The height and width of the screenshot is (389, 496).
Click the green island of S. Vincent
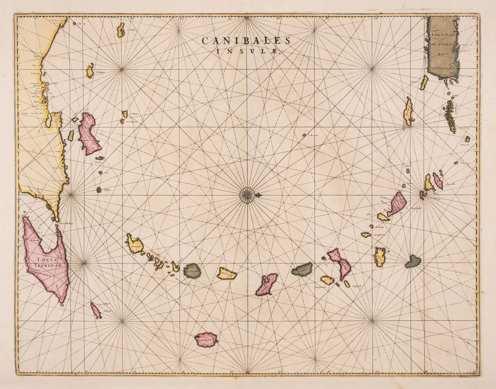click(x=193, y=271)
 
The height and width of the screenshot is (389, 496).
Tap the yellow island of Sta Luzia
click(x=227, y=273)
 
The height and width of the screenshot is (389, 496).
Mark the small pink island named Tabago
click(x=96, y=310)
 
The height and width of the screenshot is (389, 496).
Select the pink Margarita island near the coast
click(x=89, y=133)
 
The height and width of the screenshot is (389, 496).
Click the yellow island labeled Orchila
click(x=121, y=30)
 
